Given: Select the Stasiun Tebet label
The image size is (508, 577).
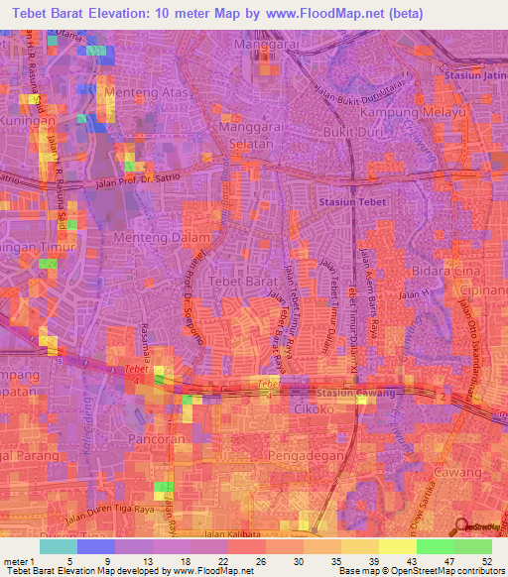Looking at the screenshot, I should tap(351, 201).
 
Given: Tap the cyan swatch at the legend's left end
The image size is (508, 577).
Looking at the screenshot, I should tap(58, 546).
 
